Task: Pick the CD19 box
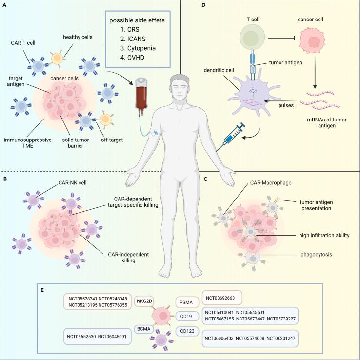pyautogui.click(x=186, y=317)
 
